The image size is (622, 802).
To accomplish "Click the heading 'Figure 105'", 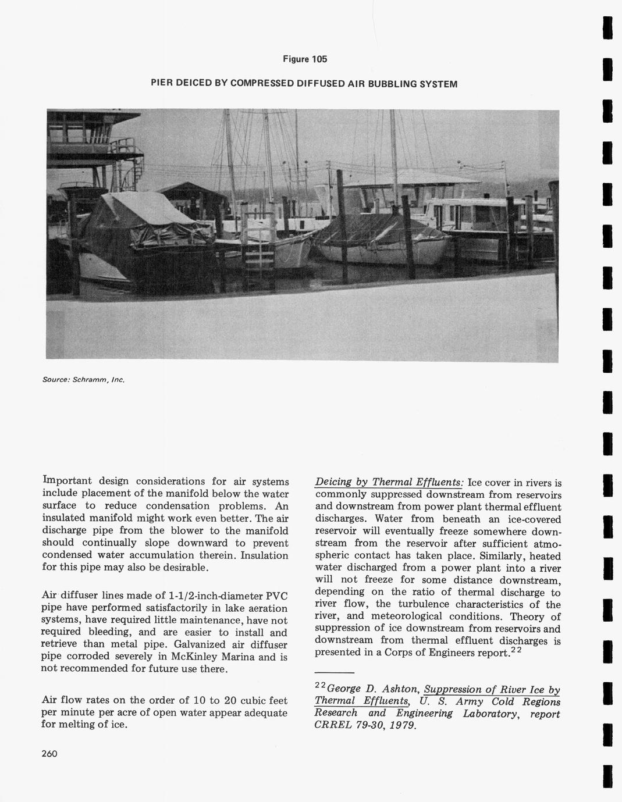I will point(305,59).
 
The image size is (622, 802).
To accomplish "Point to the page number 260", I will point(49,754).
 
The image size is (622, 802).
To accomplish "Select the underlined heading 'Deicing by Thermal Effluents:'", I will point(389,482).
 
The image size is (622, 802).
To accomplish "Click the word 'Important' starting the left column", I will point(67,481).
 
